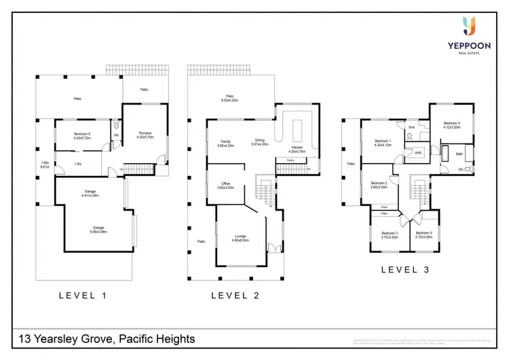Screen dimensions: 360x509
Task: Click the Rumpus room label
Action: click(x=145, y=134)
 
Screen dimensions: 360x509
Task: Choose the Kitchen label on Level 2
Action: click(x=297, y=149)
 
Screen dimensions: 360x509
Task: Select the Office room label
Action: click(x=225, y=185)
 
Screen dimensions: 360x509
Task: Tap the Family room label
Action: click(x=225, y=143)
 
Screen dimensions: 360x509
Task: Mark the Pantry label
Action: click(x=290, y=160)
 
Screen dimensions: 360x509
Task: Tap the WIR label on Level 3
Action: click(x=419, y=154)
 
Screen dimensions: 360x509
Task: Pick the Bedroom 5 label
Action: click(x=424, y=235)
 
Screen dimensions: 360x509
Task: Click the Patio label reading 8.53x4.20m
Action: click(x=230, y=98)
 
